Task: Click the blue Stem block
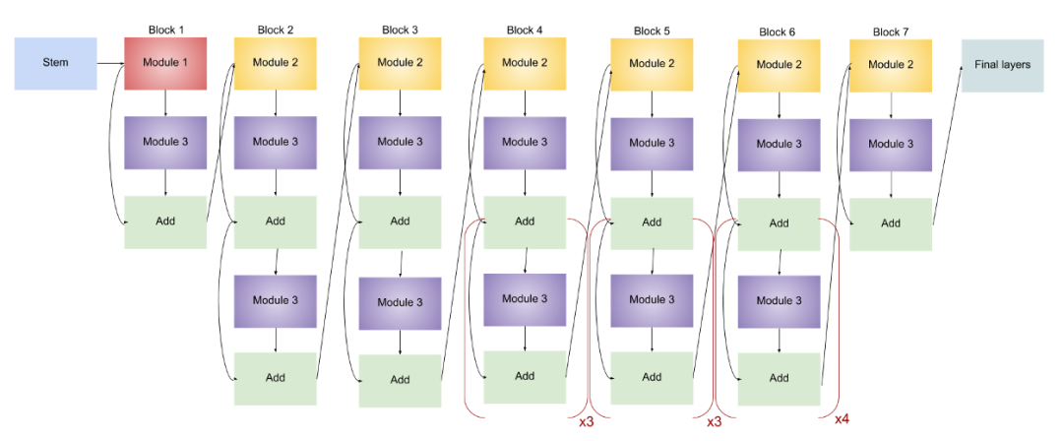(x=55, y=63)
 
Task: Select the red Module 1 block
(x=165, y=63)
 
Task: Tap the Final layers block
(x=1002, y=65)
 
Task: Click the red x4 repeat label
(x=843, y=420)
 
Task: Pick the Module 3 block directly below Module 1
(x=165, y=142)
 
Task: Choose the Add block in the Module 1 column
(x=165, y=221)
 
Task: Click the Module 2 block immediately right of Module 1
(x=276, y=63)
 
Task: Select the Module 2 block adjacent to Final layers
(x=891, y=65)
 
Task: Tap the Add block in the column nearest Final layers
(x=891, y=223)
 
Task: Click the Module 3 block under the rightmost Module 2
(x=891, y=144)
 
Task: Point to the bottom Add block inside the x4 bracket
(x=779, y=378)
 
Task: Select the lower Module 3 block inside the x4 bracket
(x=779, y=301)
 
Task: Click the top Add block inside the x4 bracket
(x=779, y=223)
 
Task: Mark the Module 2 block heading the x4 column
(x=779, y=65)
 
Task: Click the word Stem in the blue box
(x=55, y=63)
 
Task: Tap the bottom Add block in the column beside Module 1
(x=276, y=378)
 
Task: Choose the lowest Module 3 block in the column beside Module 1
(x=276, y=301)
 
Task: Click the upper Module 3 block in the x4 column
(x=779, y=144)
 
